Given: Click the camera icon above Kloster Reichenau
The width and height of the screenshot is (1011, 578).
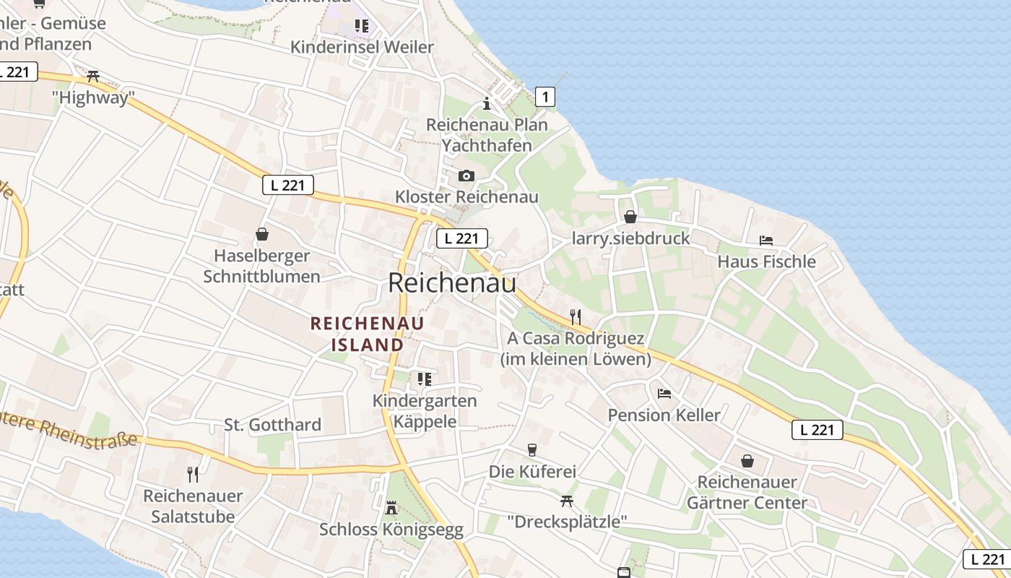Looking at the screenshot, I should pyautogui.click(x=467, y=176).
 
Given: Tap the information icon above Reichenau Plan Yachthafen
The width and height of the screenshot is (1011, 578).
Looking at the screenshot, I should pyautogui.click(x=487, y=103).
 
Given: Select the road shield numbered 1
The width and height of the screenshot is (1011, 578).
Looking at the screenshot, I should pyautogui.click(x=545, y=96).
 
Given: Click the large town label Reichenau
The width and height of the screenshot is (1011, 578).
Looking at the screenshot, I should pyautogui.click(x=452, y=282).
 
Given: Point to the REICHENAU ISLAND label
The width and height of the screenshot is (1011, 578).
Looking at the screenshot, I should pyautogui.click(x=368, y=334).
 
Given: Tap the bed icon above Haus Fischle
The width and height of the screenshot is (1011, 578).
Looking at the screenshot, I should pyautogui.click(x=766, y=240).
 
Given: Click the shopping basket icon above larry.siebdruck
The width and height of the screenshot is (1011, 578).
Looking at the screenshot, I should pyautogui.click(x=630, y=217).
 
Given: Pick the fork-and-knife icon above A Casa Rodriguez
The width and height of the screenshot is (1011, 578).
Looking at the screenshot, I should pyautogui.click(x=576, y=316).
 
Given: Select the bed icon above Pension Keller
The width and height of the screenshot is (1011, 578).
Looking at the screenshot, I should pyautogui.click(x=664, y=393).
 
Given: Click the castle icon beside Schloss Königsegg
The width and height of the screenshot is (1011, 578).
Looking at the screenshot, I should pyautogui.click(x=391, y=508).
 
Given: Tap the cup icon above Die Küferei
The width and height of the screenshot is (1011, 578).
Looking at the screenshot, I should pyautogui.click(x=532, y=450).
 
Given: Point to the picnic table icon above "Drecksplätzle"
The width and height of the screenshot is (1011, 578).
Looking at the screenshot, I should pyautogui.click(x=567, y=500).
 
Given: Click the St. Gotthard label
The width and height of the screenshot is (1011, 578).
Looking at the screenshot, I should pyautogui.click(x=272, y=425).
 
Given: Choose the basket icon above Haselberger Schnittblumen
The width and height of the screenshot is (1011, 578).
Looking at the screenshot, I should pyautogui.click(x=261, y=234).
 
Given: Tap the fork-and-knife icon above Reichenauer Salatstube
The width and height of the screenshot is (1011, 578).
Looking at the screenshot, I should pyautogui.click(x=193, y=474).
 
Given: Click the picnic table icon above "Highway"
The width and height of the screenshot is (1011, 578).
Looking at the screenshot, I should pyautogui.click(x=92, y=76).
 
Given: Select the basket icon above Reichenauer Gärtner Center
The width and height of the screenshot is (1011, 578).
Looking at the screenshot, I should pyautogui.click(x=747, y=460).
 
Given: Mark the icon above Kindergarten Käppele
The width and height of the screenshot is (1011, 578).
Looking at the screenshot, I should pyautogui.click(x=425, y=379).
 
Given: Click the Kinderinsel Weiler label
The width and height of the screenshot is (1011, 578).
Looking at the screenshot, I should pyautogui.click(x=362, y=47).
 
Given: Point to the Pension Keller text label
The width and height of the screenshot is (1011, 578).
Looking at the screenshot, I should pyautogui.click(x=664, y=415).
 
